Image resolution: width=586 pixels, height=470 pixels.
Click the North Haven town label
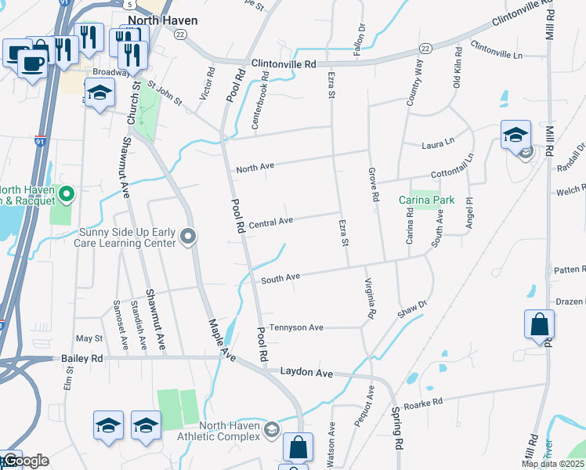tap(163, 20)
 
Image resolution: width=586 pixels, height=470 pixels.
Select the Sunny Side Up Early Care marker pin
tap(188, 237)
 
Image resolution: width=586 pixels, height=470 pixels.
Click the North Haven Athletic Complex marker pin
tap(271, 428)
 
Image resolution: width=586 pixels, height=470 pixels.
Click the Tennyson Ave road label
tap(296, 327)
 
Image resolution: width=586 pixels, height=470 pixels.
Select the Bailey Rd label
tap(81, 358)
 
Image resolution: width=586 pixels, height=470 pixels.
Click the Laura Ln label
tap(438, 143)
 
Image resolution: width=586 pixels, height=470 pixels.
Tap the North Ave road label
tap(255, 167)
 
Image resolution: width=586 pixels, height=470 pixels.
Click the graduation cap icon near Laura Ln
tap(515, 135)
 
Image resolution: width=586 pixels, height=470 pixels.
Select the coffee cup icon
tap(32, 62)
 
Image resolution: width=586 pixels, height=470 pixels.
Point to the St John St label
tap(165, 94)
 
